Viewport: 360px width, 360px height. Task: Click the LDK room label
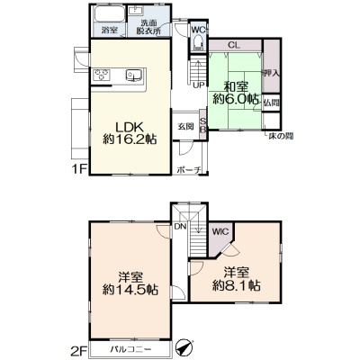pyautogui.click(x=130, y=128)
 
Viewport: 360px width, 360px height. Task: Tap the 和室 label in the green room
pyautogui.click(x=237, y=87)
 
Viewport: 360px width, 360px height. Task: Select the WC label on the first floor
pyautogui.click(x=198, y=30)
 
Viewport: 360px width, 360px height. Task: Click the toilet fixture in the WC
pyautogui.click(x=198, y=42)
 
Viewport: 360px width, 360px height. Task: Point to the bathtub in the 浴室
pyautogui.click(x=109, y=14)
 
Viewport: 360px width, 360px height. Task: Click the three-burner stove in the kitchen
pyautogui.click(x=102, y=75)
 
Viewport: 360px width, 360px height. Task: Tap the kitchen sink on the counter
pyautogui.click(x=133, y=75)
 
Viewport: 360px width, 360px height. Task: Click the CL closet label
pyautogui.click(x=234, y=45)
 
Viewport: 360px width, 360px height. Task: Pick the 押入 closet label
pyautogui.click(x=272, y=73)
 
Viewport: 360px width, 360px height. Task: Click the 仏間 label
pyautogui.click(x=272, y=103)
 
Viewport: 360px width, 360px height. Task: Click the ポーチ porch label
pyautogui.click(x=188, y=170)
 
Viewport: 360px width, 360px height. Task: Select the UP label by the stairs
pyautogui.click(x=198, y=85)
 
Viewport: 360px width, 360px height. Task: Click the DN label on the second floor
pyautogui.click(x=180, y=227)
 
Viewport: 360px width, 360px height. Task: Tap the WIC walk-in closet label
pyautogui.click(x=220, y=231)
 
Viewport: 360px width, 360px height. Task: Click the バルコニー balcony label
pyautogui.click(x=130, y=349)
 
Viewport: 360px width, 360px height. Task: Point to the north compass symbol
pyautogui.click(x=184, y=346)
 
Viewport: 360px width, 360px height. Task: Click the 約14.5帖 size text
pyautogui.click(x=130, y=290)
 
